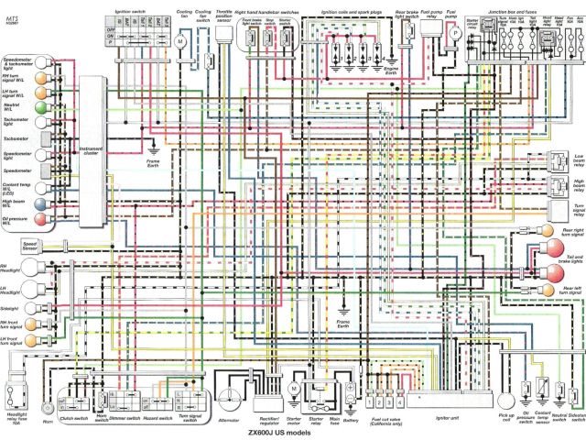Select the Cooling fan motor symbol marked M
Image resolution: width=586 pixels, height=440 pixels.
pos(180,42)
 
